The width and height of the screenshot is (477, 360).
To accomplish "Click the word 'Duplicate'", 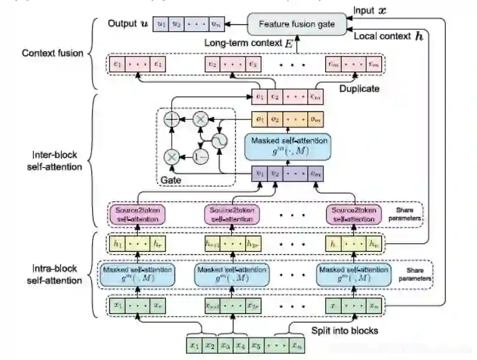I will [359, 89].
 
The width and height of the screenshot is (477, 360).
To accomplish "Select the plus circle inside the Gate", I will [170, 118].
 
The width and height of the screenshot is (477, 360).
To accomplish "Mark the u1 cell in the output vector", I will [162, 24].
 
